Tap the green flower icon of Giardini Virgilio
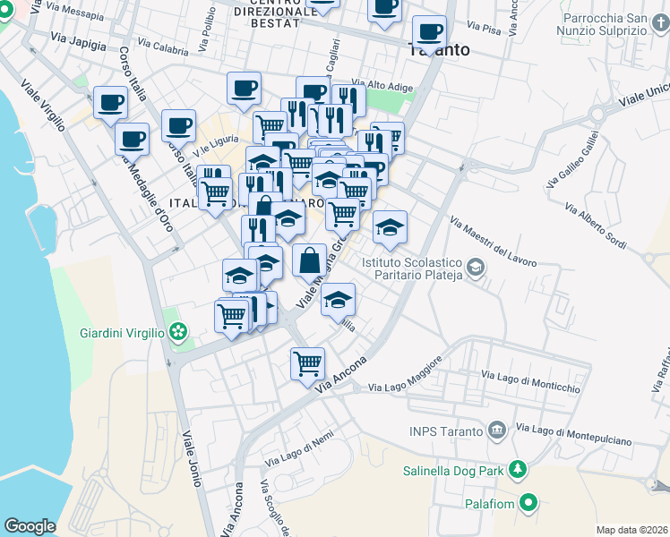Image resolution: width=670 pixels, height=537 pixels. tap(179, 333)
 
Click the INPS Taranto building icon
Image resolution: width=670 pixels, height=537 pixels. tap(496, 431)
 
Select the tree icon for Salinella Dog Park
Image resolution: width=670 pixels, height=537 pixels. tap(517, 469)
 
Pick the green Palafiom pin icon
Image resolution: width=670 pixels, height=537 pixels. tap(528, 504)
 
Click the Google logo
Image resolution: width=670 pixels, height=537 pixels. tap(30, 526)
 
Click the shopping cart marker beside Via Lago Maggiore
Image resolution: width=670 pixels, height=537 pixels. tap(307, 363)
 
